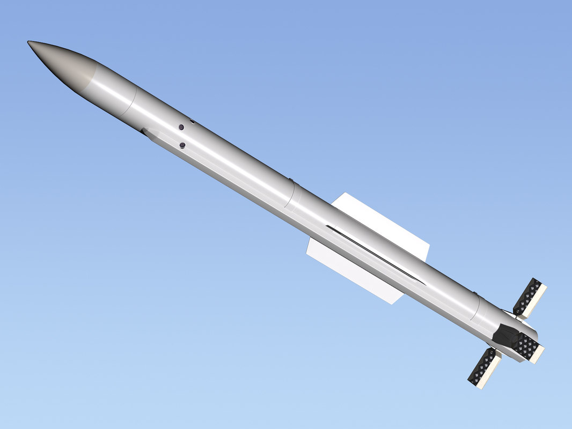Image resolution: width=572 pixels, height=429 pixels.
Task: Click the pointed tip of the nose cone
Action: pos(29,42)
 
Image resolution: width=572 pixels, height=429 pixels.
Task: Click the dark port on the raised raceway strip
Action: pos(182,145)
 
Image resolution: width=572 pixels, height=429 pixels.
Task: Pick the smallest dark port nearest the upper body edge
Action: pos(192,122)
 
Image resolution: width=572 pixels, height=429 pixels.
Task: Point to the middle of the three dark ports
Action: pos(181,127)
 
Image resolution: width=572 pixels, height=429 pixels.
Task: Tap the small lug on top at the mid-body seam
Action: pos(290,180)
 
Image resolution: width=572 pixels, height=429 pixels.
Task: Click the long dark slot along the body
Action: pos(376,255)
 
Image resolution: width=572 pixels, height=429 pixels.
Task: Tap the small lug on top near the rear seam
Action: pos(475,292)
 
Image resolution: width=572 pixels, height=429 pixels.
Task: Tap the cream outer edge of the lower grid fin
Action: pos(490,372)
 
